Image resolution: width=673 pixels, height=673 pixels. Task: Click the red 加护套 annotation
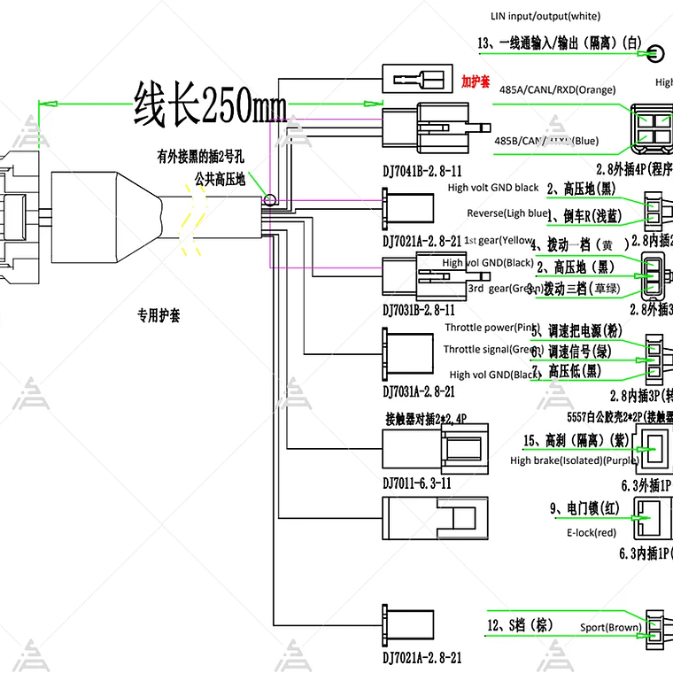(476, 81)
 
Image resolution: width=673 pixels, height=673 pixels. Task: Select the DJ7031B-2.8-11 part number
(419, 310)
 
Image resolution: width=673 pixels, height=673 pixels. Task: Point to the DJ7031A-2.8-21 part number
(419, 391)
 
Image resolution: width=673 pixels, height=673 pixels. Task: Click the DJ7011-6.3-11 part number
(416, 483)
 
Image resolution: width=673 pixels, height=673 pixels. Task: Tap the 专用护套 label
(159, 315)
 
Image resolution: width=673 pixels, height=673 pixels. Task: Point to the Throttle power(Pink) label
(490, 329)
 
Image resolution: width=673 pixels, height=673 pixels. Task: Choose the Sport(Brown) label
(611, 628)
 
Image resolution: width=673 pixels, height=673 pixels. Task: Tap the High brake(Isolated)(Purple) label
(573, 460)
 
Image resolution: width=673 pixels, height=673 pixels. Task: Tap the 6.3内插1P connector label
(645, 554)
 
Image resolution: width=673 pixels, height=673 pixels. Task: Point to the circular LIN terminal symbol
(656, 52)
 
